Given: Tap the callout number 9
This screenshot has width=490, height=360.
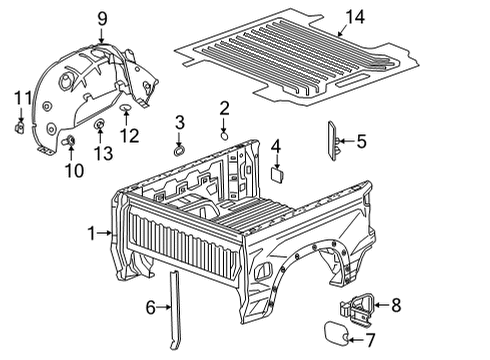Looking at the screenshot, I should (x=102, y=17).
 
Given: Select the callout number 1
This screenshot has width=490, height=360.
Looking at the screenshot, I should (x=91, y=233).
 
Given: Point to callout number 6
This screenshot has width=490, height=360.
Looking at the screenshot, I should (x=151, y=308).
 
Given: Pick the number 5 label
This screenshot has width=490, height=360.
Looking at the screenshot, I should (x=360, y=142).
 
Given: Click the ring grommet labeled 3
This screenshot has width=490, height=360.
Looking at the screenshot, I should (x=179, y=152).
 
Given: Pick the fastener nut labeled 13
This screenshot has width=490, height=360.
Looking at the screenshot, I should (x=101, y=126).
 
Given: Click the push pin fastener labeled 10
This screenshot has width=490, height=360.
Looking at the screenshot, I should (x=71, y=142).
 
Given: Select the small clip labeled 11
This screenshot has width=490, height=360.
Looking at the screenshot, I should (x=20, y=127).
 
